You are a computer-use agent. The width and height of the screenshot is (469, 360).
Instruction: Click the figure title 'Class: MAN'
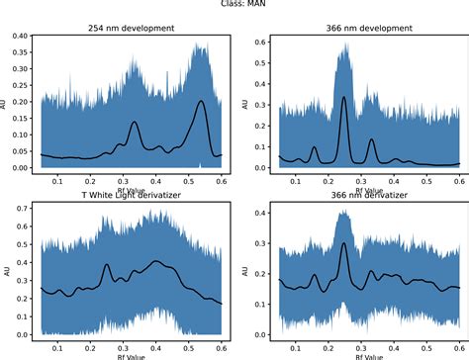(x=234, y=4)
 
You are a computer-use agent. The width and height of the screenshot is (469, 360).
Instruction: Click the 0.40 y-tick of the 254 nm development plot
(x=19, y=36)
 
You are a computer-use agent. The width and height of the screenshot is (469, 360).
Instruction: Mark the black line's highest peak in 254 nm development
(x=201, y=101)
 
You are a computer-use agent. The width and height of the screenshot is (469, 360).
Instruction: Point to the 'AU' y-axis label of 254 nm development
(x=6, y=100)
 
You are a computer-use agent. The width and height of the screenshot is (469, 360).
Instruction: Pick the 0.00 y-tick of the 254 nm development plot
(x=19, y=168)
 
